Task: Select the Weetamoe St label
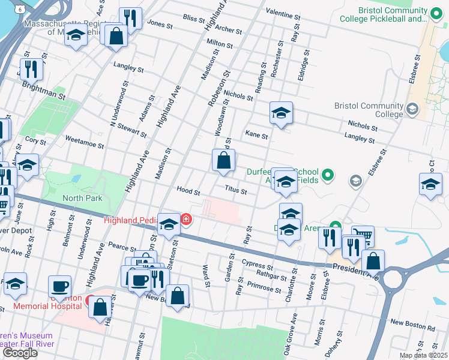tap(84, 145)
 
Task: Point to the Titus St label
tap(236, 191)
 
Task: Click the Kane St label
tap(256, 136)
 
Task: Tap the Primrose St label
tap(265, 287)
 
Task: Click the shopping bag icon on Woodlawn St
tap(223, 161)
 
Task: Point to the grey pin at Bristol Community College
tap(412, 109)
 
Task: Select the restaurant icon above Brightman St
tap(30, 69)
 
